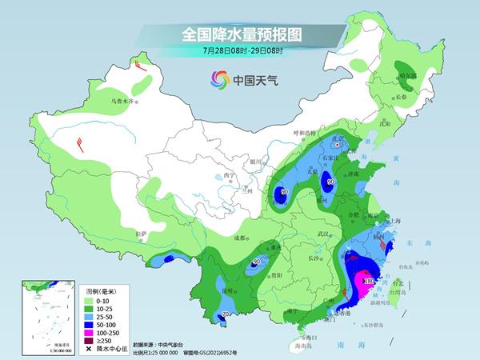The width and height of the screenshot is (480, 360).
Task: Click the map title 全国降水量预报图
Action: [x=239, y=34]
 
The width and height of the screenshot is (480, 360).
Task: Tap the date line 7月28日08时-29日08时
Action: [x=239, y=51]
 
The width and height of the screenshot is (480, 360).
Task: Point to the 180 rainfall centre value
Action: [x=369, y=281]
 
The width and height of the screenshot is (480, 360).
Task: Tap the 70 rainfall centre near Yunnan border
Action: [x=226, y=314]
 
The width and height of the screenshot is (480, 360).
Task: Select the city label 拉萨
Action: [x=142, y=234]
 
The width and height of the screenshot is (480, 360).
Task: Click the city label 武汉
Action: [x=322, y=233]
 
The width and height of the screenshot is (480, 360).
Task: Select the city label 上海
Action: [x=394, y=221]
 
